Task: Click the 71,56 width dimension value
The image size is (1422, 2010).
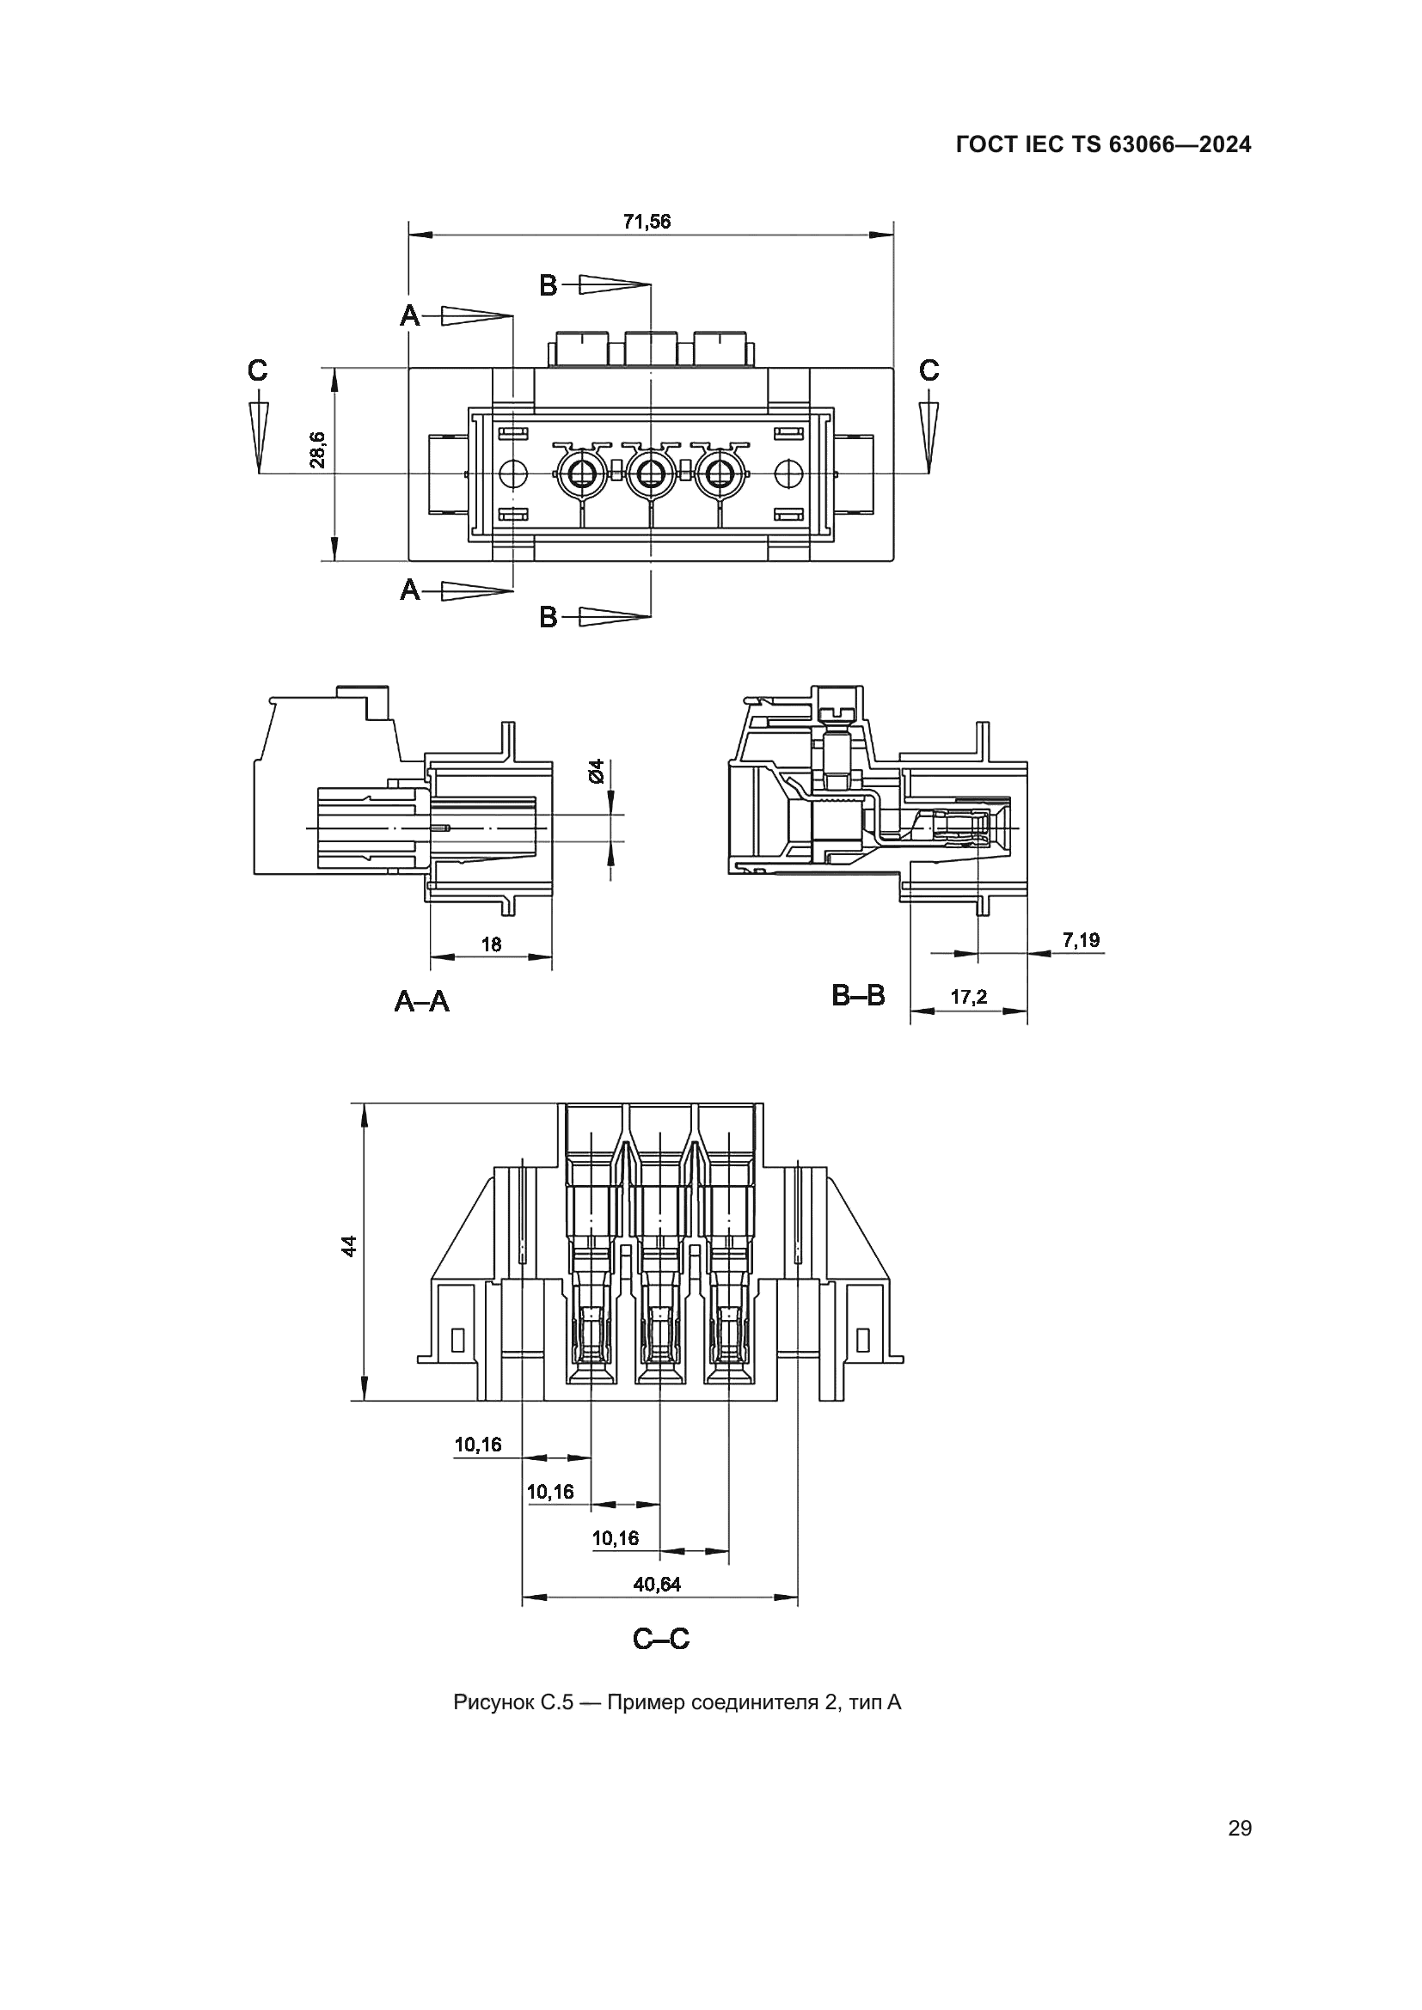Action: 647,222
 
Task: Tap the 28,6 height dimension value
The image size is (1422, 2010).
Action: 319,449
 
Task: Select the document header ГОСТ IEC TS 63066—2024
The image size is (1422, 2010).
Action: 1103,145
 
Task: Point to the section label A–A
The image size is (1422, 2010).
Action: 422,1001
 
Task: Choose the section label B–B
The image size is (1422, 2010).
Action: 858,995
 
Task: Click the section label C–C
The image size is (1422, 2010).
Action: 661,1639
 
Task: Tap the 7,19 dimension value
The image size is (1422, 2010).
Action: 1081,940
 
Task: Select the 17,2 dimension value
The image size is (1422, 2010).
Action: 968,997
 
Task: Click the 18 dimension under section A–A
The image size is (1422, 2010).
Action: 491,944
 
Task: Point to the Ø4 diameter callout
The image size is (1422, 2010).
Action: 597,771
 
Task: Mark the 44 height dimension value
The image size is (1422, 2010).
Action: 349,1246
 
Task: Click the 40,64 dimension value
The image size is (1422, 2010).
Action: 657,1584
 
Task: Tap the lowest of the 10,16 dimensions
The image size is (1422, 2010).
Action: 616,1538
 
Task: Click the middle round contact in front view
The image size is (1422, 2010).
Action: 650,475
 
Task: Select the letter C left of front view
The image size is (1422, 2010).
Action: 256,371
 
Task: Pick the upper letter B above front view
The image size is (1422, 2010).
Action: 549,285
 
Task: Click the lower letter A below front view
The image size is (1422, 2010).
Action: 410,591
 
